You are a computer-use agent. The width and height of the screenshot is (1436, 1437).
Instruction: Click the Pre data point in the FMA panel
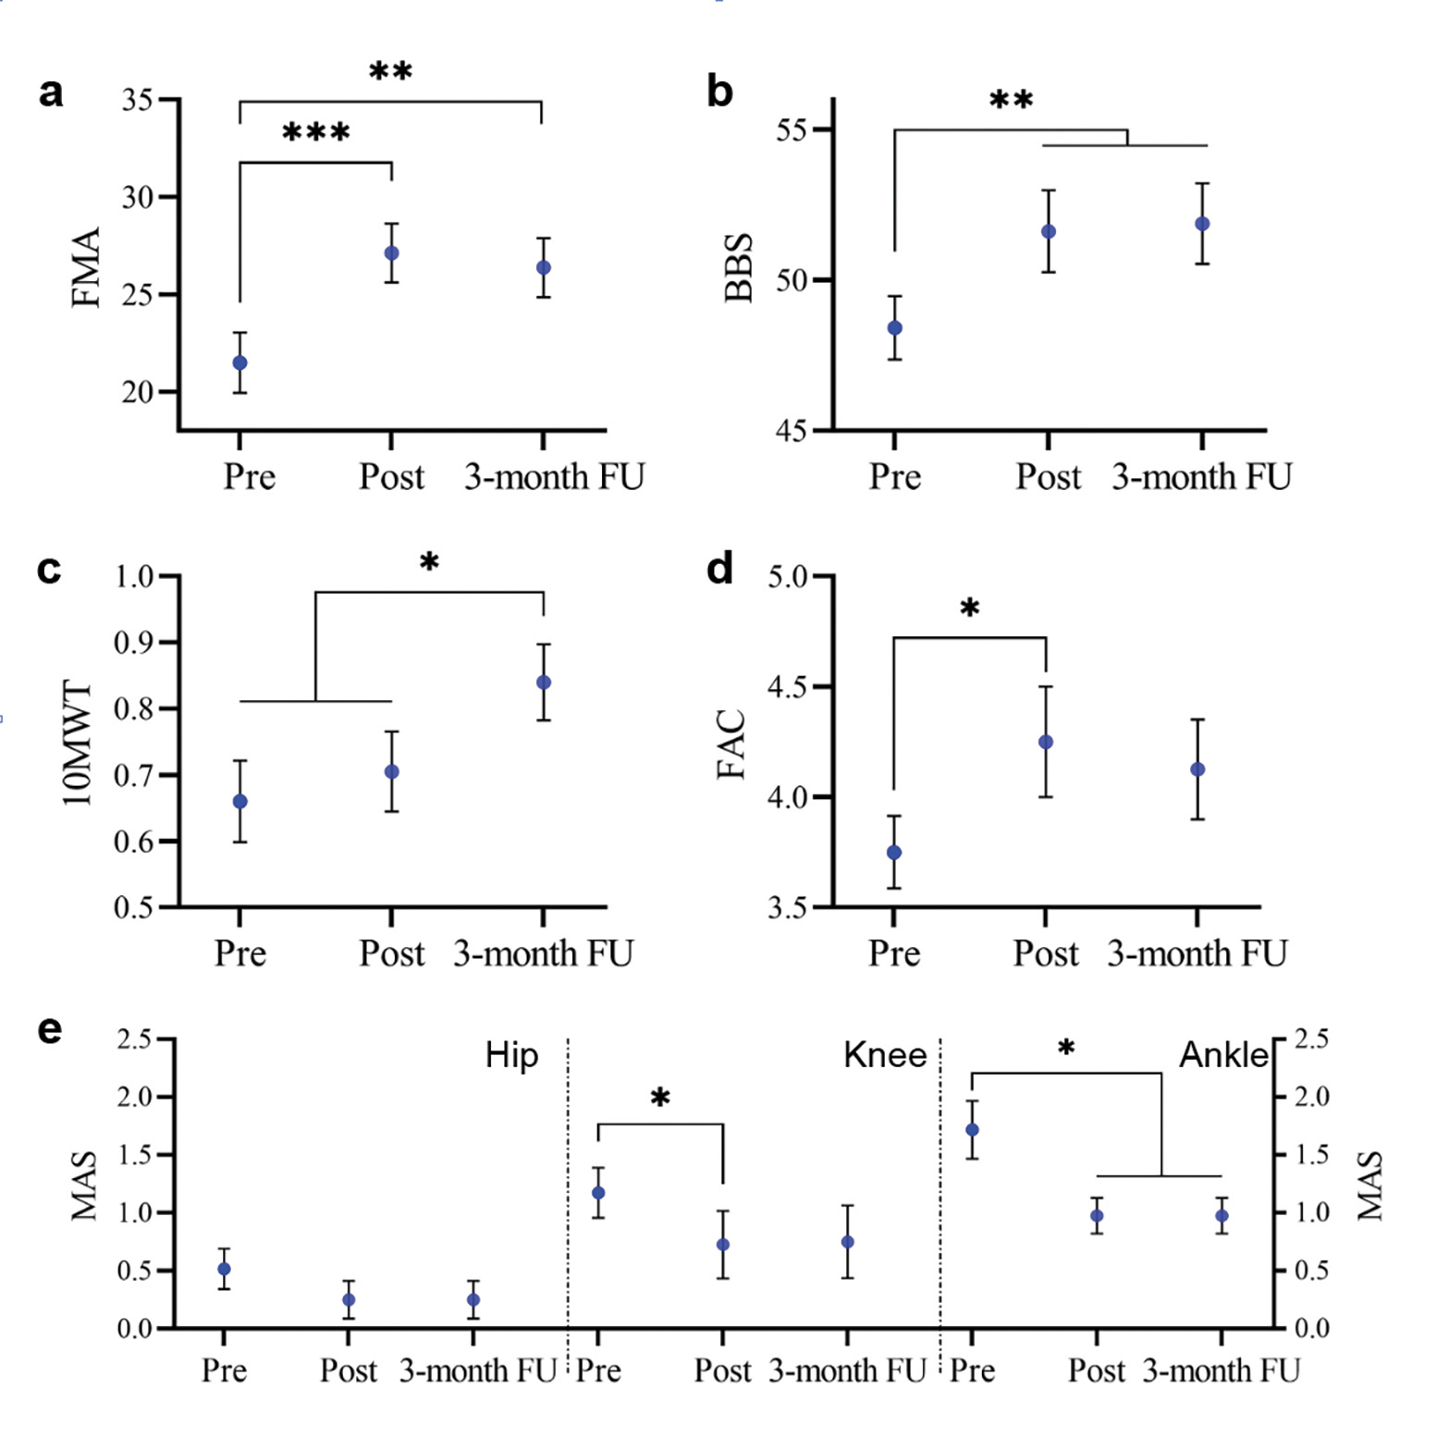coord(239,362)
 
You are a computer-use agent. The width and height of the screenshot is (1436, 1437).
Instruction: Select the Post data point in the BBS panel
coord(1048,231)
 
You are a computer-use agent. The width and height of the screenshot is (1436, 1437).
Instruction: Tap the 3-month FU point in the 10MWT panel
coord(544,682)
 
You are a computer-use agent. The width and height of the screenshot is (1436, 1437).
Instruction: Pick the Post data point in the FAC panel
coord(1046,742)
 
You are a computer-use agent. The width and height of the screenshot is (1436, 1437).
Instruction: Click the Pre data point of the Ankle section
coord(972,1129)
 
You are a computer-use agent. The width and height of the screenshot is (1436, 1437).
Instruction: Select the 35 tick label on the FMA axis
coord(137,100)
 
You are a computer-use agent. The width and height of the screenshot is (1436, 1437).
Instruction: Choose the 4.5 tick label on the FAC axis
coord(788,687)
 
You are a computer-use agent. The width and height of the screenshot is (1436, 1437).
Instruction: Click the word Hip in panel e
coord(511,1055)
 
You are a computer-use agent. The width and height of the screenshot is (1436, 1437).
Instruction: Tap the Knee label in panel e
coord(885,1055)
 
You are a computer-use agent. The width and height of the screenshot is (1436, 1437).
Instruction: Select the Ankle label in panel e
coord(1223,1055)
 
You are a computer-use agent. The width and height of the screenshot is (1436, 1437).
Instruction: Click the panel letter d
coord(719,568)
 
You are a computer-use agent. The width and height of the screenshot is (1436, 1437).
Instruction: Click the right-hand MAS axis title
coord(1369,1185)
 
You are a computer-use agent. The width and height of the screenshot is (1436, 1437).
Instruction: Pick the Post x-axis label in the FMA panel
coord(391,477)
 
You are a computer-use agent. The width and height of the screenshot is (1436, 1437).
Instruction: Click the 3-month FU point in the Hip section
coord(473,1299)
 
